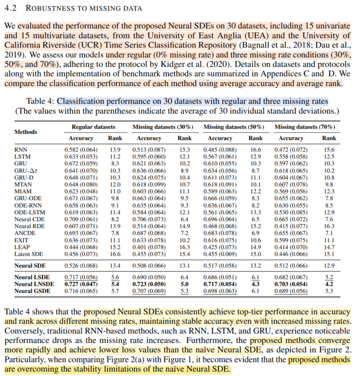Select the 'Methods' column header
point(26,132)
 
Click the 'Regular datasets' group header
point(94,127)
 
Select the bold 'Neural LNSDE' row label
point(33,284)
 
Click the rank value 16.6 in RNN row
point(256,149)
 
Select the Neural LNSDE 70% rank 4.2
point(329,284)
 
